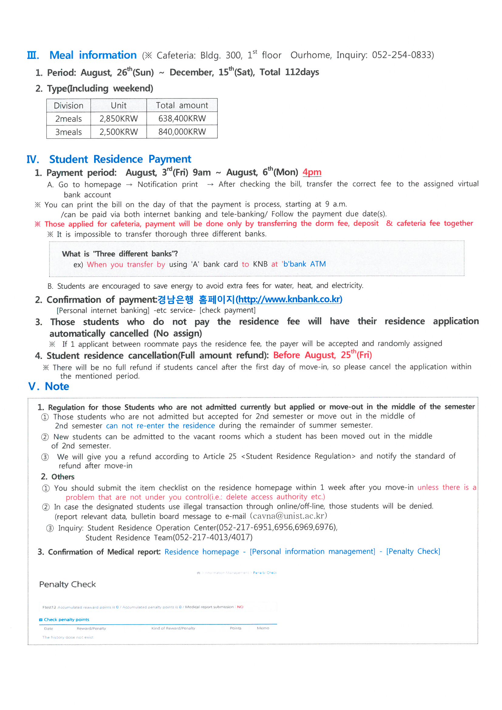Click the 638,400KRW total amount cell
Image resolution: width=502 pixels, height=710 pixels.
pyautogui.click(x=182, y=118)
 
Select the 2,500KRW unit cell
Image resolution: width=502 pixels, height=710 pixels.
pyautogui.click(x=118, y=132)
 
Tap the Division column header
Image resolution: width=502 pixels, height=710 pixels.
pyautogui.click(x=68, y=105)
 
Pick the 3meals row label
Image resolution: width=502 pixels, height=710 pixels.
pyautogui.click(x=68, y=132)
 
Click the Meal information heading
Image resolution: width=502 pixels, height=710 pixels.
pyautogui.click(x=93, y=55)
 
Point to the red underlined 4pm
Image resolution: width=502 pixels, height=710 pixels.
pyautogui.click(x=312, y=172)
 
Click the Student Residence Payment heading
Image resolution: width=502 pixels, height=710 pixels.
pyautogui.click(x=120, y=159)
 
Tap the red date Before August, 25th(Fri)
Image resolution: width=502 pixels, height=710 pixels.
pyautogui.click(x=322, y=355)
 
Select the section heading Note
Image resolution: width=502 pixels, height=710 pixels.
pyautogui.click(x=57, y=386)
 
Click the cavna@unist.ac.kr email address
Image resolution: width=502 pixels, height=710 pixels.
pyautogui.click(x=288, y=516)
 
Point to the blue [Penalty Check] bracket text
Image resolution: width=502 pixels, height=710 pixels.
pyautogui.click(x=413, y=551)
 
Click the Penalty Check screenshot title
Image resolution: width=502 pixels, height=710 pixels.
pyautogui.click(x=67, y=584)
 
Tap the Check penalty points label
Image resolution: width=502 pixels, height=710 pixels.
pyautogui.click(x=66, y=620)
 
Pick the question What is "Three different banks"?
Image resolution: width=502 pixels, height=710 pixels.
pyautogui.click(x=120, y=254)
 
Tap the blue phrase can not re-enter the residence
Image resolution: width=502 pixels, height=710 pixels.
pyautogui.click(x=160, y=426)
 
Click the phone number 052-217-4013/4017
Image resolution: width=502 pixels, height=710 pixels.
pyautogui.click(x=213, y=538)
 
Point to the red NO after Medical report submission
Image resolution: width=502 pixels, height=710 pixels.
pyautogui.click(x=240, y=607)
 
